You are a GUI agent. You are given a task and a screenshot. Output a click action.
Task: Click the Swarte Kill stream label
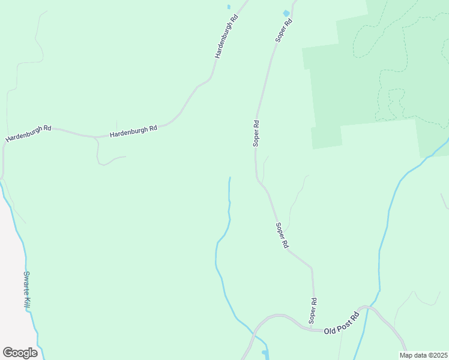tap(30, 291)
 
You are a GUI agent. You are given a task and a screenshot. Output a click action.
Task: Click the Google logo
tap(20, 353)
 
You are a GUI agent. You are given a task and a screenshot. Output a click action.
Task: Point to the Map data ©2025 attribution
tap(423, 355)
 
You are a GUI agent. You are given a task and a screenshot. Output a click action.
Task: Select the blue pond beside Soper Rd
tap(286, 13)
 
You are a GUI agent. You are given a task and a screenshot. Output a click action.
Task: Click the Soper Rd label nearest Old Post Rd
tap(313, 310)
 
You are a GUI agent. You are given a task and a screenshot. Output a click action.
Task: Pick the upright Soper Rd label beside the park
tap(256, 133)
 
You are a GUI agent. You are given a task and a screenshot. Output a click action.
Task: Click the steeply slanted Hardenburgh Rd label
tap(227, 36)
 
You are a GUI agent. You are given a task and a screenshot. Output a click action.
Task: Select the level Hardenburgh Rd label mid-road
tap(133, 129)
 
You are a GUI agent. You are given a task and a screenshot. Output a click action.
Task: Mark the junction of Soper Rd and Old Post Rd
tap(313, 329)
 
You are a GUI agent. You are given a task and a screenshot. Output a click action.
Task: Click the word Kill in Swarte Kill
tap(32, 301)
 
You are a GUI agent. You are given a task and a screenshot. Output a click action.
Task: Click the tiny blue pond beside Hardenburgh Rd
tap(229, 7)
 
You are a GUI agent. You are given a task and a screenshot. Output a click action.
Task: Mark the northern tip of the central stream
tap(229, 178)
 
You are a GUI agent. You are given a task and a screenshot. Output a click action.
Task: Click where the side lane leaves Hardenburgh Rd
tap(96, 137)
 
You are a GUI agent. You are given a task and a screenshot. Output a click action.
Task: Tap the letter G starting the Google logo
tap(7, 352)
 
